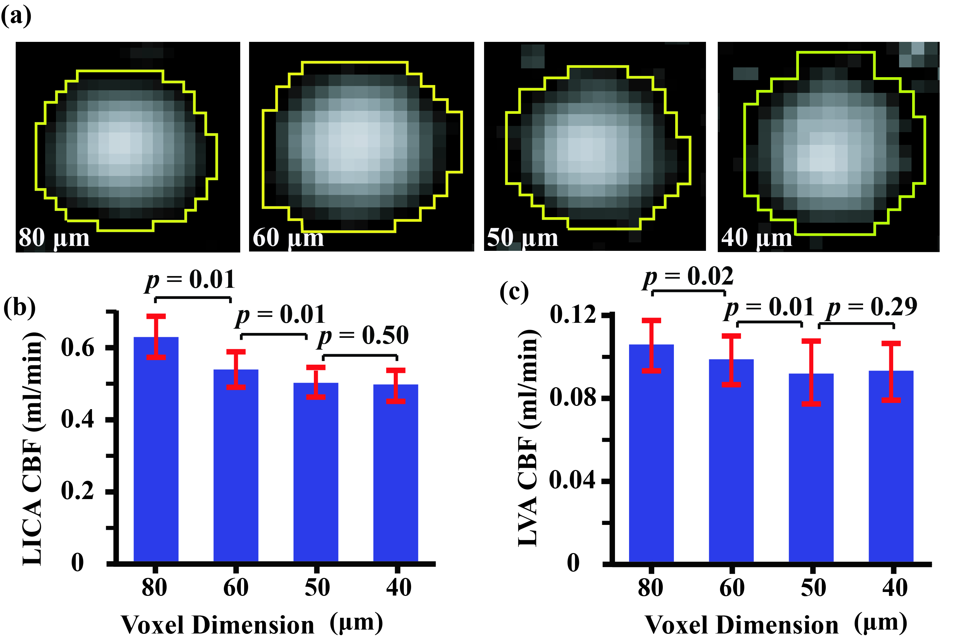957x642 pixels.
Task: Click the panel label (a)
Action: [16, 16]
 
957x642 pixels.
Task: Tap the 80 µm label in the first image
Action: [54, 237]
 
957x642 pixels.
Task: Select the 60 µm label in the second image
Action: [288, 237]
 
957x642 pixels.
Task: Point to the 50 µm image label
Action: [522, 237]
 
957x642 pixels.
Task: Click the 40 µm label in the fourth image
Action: [757, 237]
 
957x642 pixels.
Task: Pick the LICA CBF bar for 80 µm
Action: [156, 450]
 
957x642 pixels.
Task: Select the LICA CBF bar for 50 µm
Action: [316, 471]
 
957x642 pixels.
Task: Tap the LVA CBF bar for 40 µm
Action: [891, 467]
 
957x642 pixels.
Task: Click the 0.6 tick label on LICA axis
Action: [78, 348]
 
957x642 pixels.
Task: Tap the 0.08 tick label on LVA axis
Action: [573, 397]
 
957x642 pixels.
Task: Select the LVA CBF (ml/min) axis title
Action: [529, 438]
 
